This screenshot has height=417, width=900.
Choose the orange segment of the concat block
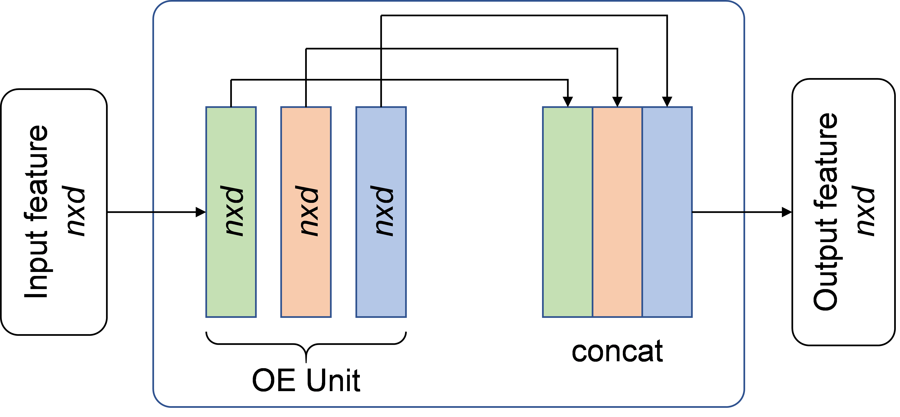coord(617,212)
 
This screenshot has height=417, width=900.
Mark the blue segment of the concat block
coord(667,212)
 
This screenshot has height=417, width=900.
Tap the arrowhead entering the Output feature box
coord(787,212)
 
